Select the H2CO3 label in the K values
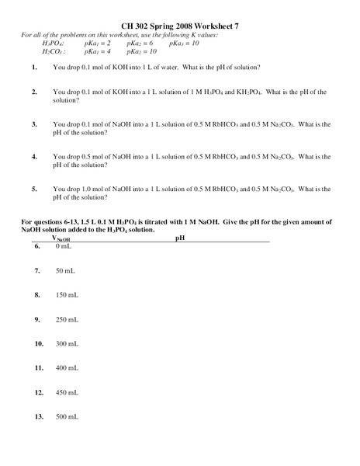tap(54, 52)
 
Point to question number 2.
tap(34, 92)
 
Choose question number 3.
tap(34, 124)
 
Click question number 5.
tap(34, 189)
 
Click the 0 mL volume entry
tap(64, 247)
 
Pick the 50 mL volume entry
tap(65, 271)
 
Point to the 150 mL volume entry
tap(67, 295)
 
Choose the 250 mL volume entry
tap(67, 319)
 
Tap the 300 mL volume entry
tap(67, 343)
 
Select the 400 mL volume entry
tap(67, 368)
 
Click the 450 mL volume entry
tap(67, 392)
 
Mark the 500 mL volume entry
tap(67, 417)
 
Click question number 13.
tap(39, 417)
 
